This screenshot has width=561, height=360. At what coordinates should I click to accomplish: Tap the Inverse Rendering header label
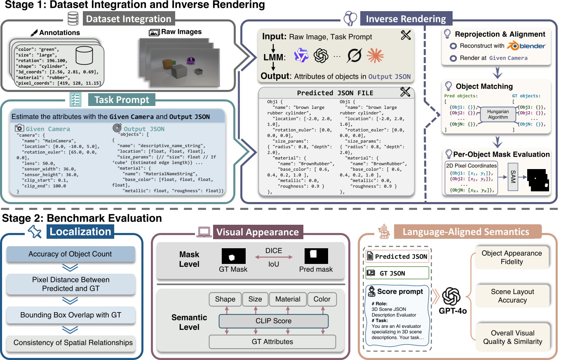pyautogui.click(x=406, y=19)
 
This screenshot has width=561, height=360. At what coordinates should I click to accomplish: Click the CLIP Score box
pyautogui.click(x=274, y=320)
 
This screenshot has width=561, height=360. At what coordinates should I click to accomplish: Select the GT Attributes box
pyautogui.click(x=273, y=341)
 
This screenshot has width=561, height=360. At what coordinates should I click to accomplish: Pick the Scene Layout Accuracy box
pyautogui.click(x=512, y=296)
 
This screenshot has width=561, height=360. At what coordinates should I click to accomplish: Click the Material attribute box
pyautogui.click(x=286, y=299)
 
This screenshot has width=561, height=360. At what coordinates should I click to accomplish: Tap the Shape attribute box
pyautogui.click(x=225, y=299)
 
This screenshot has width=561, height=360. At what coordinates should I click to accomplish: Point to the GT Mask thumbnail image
pyautogui.click(x=233, y=256)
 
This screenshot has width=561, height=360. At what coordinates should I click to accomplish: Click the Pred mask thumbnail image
pyautogui.click(x=316, y=256)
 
